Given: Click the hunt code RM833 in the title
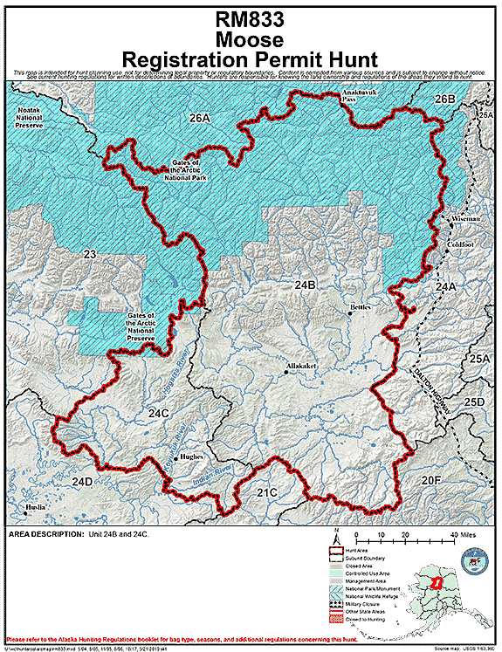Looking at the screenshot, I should (x=251, y=20).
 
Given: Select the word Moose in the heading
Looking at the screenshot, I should (x=251, y=39).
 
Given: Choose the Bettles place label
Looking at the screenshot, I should (x=360, y=307).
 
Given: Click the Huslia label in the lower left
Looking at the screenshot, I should (x=36, y=506).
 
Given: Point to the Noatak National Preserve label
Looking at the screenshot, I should (x=36, y=118).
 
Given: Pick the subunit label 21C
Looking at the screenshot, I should (x=267, y=493).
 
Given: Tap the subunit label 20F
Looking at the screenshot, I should (x=431, y=480).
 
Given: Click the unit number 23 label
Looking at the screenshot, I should (x=89, y=255).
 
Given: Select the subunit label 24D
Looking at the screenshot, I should (x=82, y=482).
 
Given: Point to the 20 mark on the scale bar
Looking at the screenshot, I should (x=404, y=534).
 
